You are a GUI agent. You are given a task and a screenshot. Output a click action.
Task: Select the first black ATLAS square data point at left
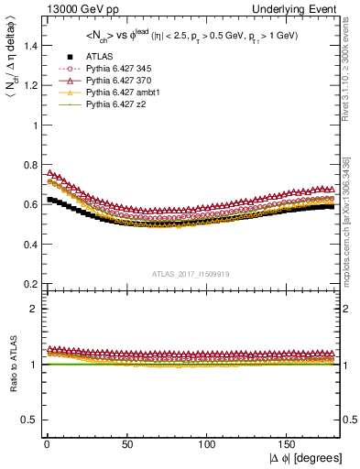click(x=49, y=199)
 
